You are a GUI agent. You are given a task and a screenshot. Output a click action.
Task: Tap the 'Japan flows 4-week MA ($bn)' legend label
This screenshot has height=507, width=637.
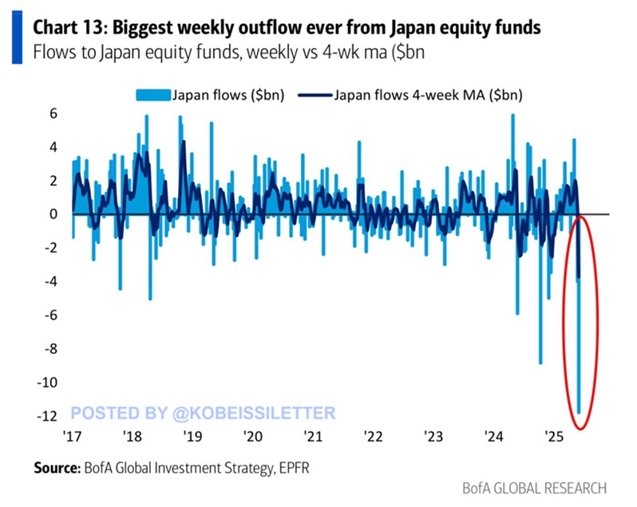tap(415, 94)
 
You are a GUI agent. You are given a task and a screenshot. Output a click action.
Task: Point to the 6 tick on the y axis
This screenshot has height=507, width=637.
tap(55, 114)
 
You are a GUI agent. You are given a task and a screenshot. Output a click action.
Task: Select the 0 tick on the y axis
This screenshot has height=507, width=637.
tap(55, 215)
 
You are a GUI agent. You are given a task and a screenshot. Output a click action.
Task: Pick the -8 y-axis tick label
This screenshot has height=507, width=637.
tap(53, 349)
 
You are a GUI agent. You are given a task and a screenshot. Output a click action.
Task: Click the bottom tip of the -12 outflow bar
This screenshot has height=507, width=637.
tap(579, 413)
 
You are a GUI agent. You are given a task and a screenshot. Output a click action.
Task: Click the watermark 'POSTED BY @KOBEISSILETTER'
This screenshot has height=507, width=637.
tap(204, 412)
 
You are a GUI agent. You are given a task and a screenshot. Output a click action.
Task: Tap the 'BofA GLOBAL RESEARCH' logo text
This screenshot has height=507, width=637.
tap(534, 488)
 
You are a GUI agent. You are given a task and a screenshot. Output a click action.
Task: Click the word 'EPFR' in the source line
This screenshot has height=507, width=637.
tap(291, 468)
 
